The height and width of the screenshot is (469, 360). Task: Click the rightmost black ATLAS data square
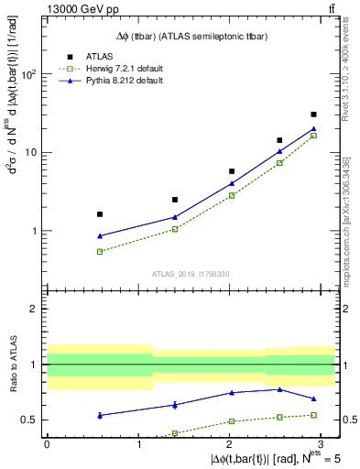click(313, 115)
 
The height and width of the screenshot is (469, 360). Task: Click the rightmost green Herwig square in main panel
click(313, 136)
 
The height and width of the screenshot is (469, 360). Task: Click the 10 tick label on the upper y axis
click(31, 153)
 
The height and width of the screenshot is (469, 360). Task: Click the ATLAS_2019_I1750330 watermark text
click(190, 274)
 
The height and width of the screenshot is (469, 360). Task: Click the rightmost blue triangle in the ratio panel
click(313, 398)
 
